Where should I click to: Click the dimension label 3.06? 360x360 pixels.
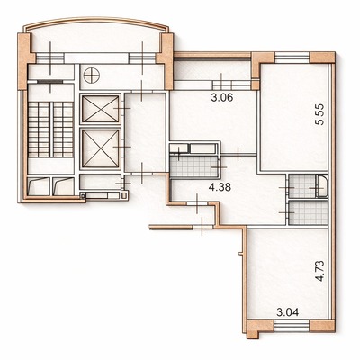click(x=222, y=98)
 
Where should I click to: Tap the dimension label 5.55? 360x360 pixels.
click(x=320, y=114)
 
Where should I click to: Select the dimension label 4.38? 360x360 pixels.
click(x=220, y=188)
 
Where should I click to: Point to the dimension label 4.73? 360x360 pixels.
click(x=320, y=271)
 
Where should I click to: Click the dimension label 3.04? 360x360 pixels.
click(x=288, y=312)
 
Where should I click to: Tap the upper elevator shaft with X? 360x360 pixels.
click(x=101, y=109)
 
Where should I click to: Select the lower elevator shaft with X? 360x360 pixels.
click(x=101, y=148)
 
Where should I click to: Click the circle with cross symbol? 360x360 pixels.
click(x=91, y=76)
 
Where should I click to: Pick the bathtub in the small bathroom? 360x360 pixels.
click(x=322, y=187)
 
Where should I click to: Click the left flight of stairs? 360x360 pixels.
click(x=39, y=130)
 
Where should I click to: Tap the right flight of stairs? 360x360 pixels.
click(x=63, y=130)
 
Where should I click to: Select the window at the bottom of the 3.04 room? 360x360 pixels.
click(x=292, y=326)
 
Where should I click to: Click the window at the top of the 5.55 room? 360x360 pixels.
click(x=292, y=58)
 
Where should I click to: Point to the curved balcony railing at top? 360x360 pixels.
click(x=96, y=22)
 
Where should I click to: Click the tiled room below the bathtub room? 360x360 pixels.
click(x=308, y=212)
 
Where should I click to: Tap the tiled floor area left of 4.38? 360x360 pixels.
click(x=194, y=166)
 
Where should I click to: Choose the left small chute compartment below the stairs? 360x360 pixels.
click(x=39, y=186)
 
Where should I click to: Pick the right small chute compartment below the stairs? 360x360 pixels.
click(x=63, y=186)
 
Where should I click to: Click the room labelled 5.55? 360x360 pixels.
click(x=294, y=119)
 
